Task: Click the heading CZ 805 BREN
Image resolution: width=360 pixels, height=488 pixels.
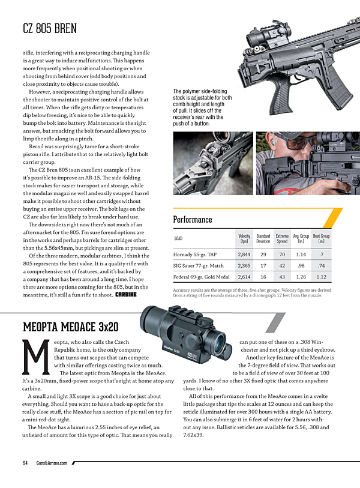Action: click(x=49, y=29)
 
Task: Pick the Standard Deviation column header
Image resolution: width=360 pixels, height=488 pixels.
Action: click(x=263, y=239)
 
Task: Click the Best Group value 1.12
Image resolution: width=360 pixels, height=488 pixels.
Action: click(x=321, y=277)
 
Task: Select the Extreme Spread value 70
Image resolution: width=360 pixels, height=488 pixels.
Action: click(x=282, y=255)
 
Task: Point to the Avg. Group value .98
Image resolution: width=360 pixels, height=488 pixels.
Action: click(x=301, y=266)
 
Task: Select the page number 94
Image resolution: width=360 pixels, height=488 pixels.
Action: click(x=26, y=463)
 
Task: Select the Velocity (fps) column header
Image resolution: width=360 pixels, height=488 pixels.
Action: click(x=244, y=239)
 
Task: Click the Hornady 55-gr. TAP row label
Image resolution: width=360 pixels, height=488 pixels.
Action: click(x=193, y=255)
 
